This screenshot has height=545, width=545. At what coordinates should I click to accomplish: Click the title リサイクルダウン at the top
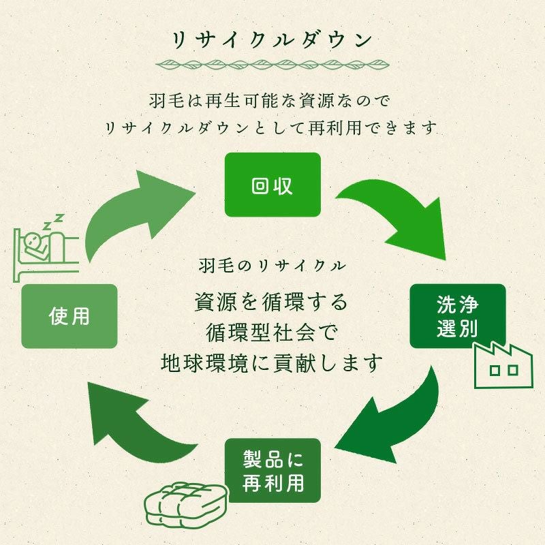pos(272,39)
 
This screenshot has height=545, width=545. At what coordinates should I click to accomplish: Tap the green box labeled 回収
pos(272,185)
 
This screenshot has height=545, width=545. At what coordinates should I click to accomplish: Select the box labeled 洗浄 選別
pos(457,316)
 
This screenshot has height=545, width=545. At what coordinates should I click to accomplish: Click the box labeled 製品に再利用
pos(273,471)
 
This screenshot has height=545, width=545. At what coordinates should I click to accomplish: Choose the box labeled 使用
pos(69,316)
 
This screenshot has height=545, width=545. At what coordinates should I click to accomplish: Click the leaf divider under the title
pos(272,65)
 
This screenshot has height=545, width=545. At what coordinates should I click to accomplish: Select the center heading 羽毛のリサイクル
pos(272,264)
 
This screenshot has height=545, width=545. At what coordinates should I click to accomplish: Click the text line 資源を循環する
pos(272,300)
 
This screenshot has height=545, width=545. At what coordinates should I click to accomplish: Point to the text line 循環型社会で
pos(272,332)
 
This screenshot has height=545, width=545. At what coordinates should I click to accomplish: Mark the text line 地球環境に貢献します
pos(272,362)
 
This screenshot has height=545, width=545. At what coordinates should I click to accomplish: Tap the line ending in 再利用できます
pos(272,127)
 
